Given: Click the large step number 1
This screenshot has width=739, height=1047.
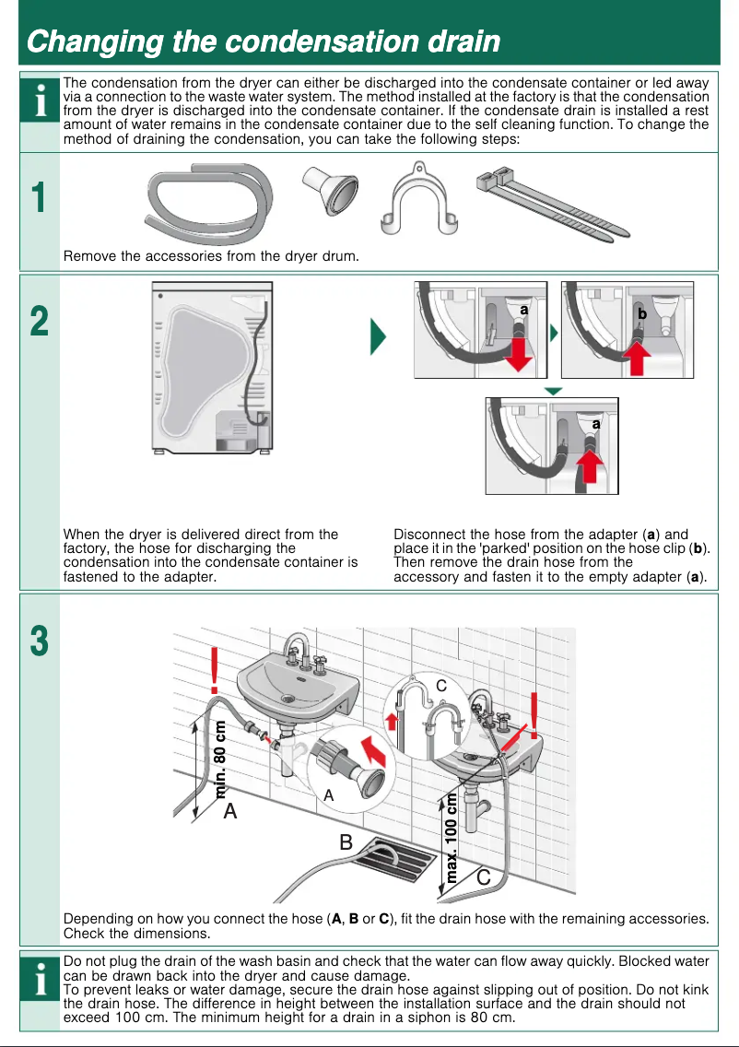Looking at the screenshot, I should click(38, 198).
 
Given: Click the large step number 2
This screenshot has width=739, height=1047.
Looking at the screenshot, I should click(38, 322).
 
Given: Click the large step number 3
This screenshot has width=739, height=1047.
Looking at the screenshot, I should click(38, 641).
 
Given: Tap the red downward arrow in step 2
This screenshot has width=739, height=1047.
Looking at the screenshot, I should click(520, 353).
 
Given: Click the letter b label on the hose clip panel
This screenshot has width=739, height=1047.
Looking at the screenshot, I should click(642, 314).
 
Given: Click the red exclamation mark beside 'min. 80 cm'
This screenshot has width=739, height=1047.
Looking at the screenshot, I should click(215, 670).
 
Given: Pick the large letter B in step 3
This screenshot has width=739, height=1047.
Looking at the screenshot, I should click(346, 841).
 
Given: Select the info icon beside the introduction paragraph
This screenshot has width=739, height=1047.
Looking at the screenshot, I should click(38, 103).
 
